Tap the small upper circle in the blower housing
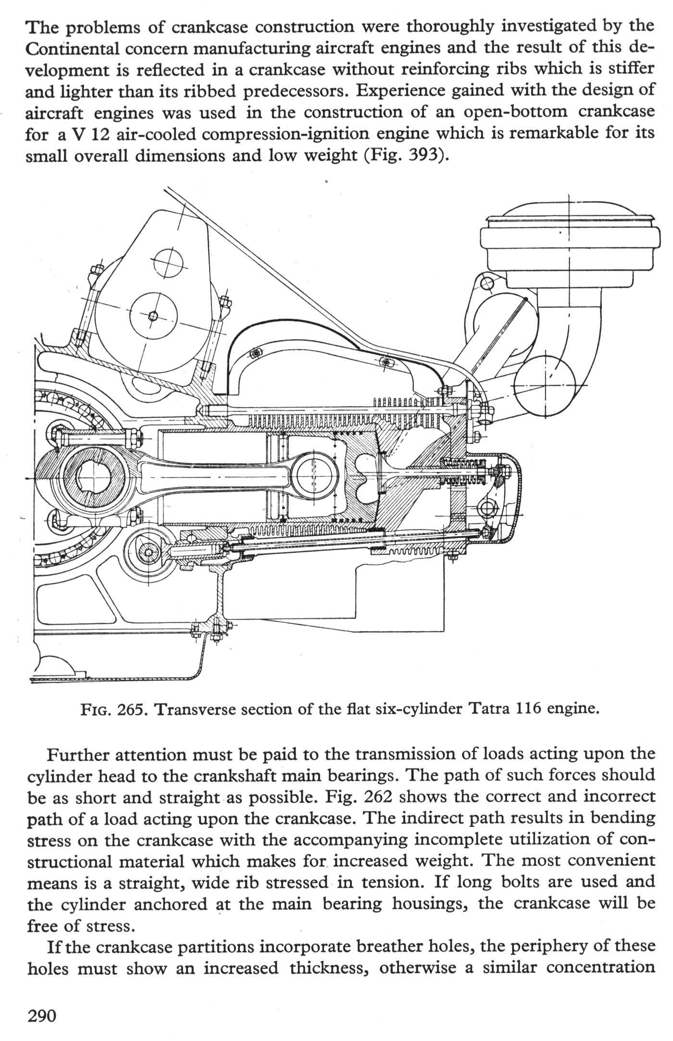[x=169, y=263]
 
